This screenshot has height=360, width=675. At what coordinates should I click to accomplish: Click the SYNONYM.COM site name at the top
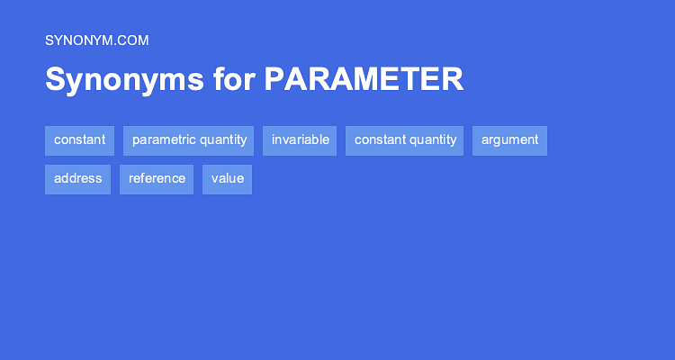point(96,40)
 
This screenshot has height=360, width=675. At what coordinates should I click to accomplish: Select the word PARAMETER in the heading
point(364,80)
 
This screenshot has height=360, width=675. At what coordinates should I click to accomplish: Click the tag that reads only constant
point(79,140)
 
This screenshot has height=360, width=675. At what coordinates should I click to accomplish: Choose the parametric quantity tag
point(189,140)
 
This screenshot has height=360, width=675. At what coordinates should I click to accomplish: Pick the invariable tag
point(300,140)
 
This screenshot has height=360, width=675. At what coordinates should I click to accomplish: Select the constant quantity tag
point(405,140)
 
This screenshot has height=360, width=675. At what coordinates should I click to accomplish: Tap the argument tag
point(509,140)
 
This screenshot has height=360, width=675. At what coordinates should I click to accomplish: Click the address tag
point(77,178)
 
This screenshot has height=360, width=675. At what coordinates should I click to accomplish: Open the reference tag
point(157,178)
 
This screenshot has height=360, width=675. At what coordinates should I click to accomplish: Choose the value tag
point(227,178)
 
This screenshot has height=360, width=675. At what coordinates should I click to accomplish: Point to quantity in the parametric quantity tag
point(220,140)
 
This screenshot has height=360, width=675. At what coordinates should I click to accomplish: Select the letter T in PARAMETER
point(404,80)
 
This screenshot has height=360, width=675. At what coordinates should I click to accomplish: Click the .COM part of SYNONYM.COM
point(132,40)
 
